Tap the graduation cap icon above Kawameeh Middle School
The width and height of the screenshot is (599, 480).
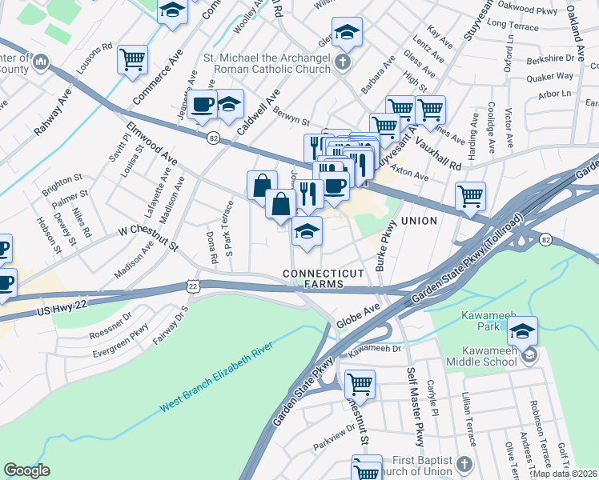tap(522, 330)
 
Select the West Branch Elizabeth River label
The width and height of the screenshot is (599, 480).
tap(217, 375)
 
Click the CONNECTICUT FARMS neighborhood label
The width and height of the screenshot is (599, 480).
tap(324, 279)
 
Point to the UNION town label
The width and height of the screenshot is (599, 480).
tap(419, 221)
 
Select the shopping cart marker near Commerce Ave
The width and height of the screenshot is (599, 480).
tap(132, 59)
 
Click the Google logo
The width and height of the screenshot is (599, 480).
tap(26, 470)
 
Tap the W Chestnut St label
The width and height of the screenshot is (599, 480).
tap(148, 237)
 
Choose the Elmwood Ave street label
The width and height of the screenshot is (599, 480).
tap(151, 143)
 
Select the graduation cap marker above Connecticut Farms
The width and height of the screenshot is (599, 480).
tap(307, 231)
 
